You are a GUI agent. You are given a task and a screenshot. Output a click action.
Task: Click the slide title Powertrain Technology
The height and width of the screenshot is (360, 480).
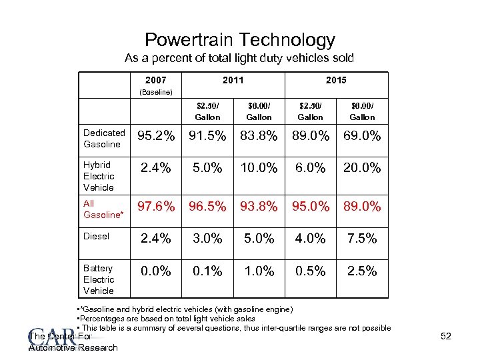click(240, 40)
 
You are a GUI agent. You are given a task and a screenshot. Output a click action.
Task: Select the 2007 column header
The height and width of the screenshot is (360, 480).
click(155, 80)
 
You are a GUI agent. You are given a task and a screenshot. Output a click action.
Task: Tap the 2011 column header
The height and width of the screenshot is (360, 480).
click(233, 80)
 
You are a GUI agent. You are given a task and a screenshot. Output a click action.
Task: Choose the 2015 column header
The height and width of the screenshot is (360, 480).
click(336, 80)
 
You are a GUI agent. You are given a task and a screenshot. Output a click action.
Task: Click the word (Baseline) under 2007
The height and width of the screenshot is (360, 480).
click(155, 92)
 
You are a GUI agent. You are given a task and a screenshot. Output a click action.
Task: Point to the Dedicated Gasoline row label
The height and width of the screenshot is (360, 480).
click(104, 139)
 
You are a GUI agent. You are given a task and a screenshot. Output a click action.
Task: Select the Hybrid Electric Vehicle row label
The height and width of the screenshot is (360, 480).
click(99, 176)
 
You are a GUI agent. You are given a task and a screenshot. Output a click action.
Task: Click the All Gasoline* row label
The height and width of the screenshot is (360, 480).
click(100, 209)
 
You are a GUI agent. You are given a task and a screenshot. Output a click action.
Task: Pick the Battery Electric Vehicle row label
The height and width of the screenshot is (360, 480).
click(99, 279)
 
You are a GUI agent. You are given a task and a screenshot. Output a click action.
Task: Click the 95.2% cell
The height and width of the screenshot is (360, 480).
click(156, 137)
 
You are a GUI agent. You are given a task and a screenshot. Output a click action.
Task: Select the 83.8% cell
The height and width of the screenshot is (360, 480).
click(259, 137)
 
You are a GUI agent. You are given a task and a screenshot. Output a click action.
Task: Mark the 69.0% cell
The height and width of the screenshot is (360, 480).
click(362, 137)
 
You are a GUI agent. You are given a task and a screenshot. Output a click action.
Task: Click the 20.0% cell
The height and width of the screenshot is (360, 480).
click(362, 169)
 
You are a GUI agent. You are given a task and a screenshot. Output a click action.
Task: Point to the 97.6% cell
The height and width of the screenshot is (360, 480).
click(156, 206)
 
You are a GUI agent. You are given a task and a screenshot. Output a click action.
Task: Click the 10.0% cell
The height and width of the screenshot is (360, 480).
click(259, 169)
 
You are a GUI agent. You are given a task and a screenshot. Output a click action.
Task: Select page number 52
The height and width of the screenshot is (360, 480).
click(446, 337)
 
